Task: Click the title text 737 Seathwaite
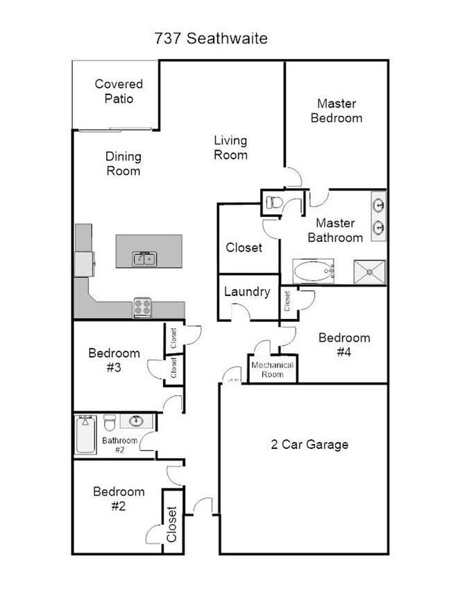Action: click(211, 39)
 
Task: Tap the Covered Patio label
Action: click(119, 91)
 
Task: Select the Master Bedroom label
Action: click(336, 110)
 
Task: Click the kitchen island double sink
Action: click(144, 259)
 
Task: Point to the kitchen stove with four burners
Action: click(143, 306)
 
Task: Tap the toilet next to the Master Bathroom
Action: click(272, 203)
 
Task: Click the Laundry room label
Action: click(246, 292)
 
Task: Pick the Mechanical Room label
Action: click(273, 369)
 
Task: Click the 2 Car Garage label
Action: click(309, 444)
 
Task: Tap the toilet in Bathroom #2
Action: click(108, 423)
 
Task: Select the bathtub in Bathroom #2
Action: click(85, 434)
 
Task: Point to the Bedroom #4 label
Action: click(343, 345)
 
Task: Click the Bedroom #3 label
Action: click(114, 360)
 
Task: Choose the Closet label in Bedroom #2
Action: click(171, 523)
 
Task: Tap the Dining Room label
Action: click(124, 163)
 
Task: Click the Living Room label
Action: click(230, 147)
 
